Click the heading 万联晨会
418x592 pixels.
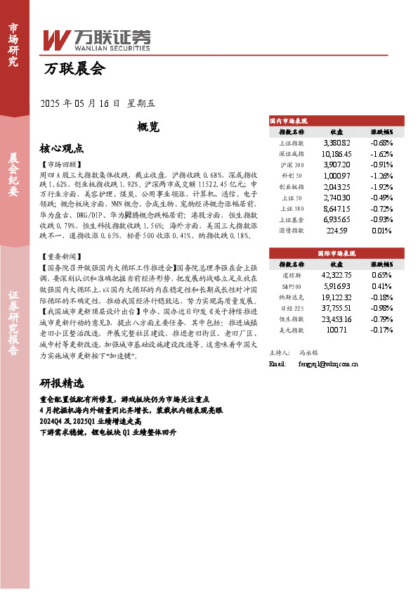click(x=74, y=69)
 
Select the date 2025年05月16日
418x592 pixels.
click(x=82, y=103)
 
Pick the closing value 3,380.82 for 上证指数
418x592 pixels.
click(x=337, y=143)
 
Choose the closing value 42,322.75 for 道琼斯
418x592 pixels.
click(x=337, y=275)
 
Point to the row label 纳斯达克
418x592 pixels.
click(x=291, y=297)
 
